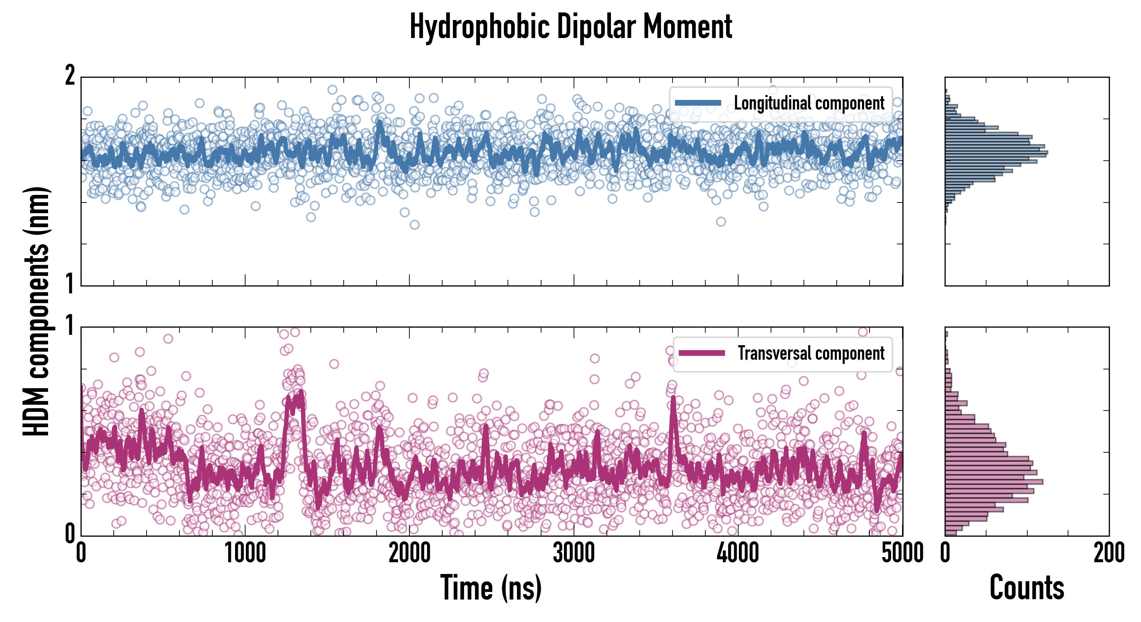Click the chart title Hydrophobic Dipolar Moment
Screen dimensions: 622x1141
(x=570, y=27)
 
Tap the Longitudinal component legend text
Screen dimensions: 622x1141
(x=809, y=103)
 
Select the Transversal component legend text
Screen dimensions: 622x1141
(x=810, y=353)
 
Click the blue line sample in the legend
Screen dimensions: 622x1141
(x=698, y=103)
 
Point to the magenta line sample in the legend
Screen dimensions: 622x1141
(x=702, y=353)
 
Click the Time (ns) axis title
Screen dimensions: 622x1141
(x=491, y=587)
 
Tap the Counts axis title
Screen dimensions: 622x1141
(x=1027, y=587)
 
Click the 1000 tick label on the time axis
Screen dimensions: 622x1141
(x=245, y=553)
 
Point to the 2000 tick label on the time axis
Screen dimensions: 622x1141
(x=409, y=553)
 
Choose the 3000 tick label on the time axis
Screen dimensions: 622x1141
(x=574, y=553)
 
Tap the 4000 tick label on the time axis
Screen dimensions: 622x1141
(x=738, y=553)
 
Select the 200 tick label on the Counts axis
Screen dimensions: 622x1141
(x=1108, y=553)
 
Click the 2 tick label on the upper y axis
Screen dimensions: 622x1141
(x=70, y=76)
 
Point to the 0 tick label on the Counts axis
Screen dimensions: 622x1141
(x=945, y=553)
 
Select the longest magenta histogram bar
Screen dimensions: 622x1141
(x=994, y=482)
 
